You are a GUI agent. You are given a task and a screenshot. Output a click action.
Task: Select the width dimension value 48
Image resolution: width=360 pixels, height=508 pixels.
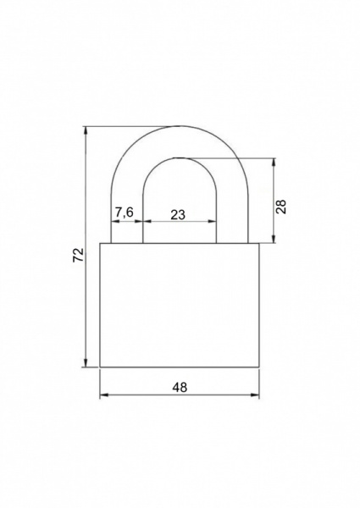coord(180,387)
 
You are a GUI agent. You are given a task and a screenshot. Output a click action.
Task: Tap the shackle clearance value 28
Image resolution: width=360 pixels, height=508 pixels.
coord(281,206)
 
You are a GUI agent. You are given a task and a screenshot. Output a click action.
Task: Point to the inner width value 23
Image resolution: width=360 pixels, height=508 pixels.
coord(178,215)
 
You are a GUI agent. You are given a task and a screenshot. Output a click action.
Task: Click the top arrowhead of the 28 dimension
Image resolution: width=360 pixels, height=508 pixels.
coord(273,160)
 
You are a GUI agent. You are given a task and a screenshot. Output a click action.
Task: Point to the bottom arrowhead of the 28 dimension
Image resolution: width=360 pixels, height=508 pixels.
coord(273,240)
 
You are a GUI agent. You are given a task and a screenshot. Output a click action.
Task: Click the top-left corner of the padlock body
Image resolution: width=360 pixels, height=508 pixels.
coord(101,244)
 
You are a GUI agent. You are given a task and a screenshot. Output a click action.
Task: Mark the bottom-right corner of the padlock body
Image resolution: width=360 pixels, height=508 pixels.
coord(258,368)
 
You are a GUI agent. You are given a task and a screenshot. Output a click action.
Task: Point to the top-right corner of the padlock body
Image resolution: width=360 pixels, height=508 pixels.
coord(258,244)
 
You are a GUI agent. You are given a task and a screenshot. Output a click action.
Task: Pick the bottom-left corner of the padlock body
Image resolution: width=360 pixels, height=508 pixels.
coord(101,368)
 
